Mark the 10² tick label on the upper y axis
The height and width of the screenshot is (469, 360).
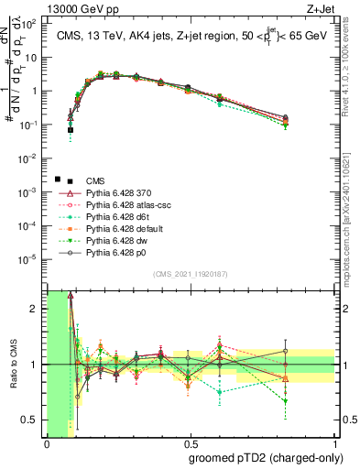(30, 24)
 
